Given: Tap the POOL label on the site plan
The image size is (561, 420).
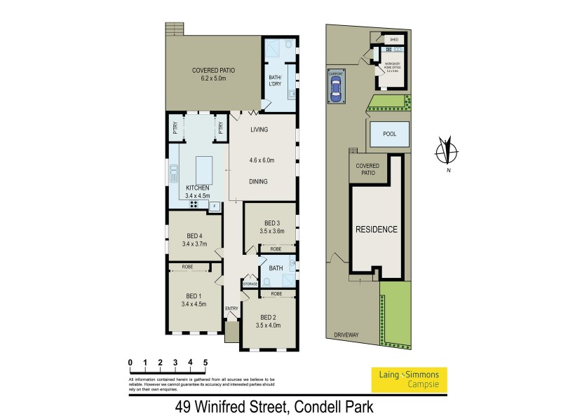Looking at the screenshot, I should pyautogui.click(x=389, y=134).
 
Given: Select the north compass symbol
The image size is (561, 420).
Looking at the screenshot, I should pyautogui.click(x=442, y=150).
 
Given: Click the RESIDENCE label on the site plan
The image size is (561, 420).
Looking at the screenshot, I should pyautogui.click(x=376, y=230).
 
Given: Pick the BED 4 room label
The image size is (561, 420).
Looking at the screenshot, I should pyautogui.click(x=196, y=235).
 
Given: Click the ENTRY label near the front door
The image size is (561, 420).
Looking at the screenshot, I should pyautogui.click(x=231, y=309).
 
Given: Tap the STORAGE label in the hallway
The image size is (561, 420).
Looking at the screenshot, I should pyautogui.click(x=250, y=283).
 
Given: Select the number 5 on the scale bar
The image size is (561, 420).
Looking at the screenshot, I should pyautogui.click(x=205, y=362).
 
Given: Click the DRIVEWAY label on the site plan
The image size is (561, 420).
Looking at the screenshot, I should pyautogui.click(x=346, y=335).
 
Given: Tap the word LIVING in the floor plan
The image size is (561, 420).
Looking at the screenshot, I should pyautogui.click(x=259, y=129).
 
